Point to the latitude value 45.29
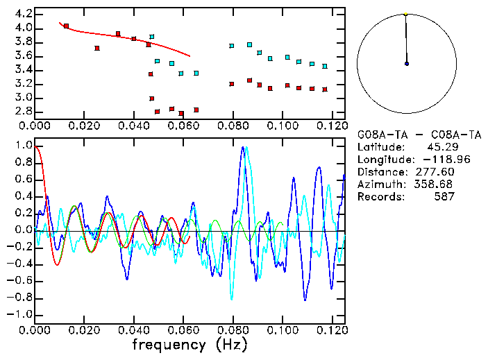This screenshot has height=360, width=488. coord(441,147)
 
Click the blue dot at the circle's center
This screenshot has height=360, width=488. coord(406,64)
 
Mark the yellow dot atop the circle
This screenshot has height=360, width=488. coord(405,14)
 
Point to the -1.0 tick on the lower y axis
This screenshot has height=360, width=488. coord(19,314)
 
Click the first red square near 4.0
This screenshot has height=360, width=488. coord(66,26)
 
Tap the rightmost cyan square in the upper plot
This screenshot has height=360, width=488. coord(324,67)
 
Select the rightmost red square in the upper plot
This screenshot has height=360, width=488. coord(324,89)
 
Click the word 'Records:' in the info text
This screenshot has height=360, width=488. coord(380,197)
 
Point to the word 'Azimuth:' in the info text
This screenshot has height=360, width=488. coord(380,185)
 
